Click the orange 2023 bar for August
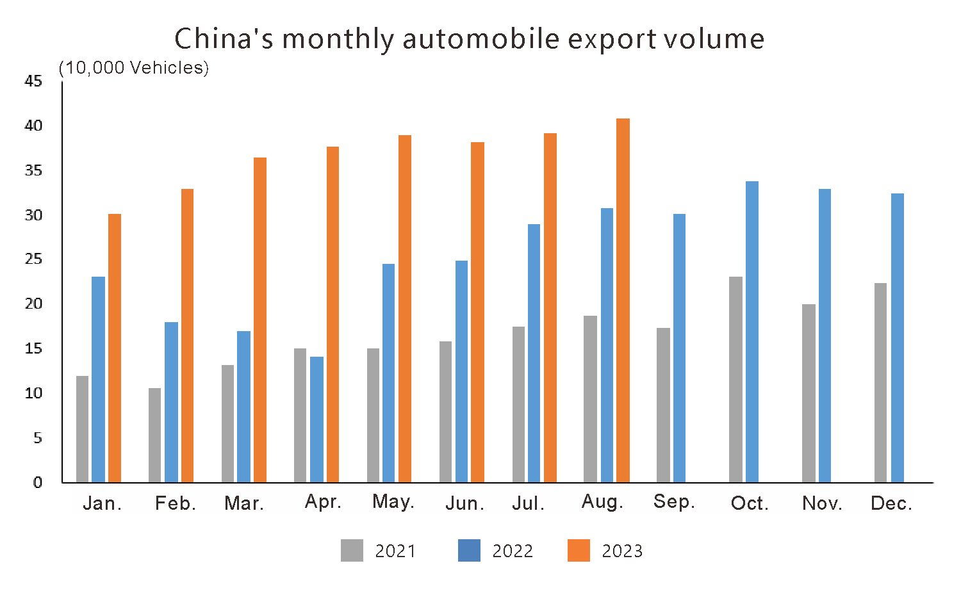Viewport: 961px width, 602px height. (623, 301)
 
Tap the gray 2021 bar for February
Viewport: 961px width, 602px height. (154, 435)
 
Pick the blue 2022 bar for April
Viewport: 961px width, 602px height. (316, 419)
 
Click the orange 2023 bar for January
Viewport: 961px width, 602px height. (115, 348)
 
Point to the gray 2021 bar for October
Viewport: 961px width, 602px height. (736, 380)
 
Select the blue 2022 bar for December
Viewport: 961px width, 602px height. (898, 338)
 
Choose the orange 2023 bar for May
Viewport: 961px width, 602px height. (405, 309)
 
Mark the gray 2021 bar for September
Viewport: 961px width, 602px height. (663, 405)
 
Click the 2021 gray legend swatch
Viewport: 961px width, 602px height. (352, 551)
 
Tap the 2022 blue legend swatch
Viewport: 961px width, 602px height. (469, 551)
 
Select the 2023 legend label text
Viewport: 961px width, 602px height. (622, 551)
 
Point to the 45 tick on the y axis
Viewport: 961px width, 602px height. (33, 81)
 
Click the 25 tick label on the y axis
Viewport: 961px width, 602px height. (33, 259)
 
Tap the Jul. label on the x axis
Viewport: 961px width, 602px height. (528, 503)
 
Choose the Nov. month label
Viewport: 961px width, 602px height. (822, 503)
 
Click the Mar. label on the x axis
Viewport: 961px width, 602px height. (244, 503)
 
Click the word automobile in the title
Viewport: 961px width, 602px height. (481, 39)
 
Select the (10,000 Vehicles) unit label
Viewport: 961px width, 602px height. (134, 68)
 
